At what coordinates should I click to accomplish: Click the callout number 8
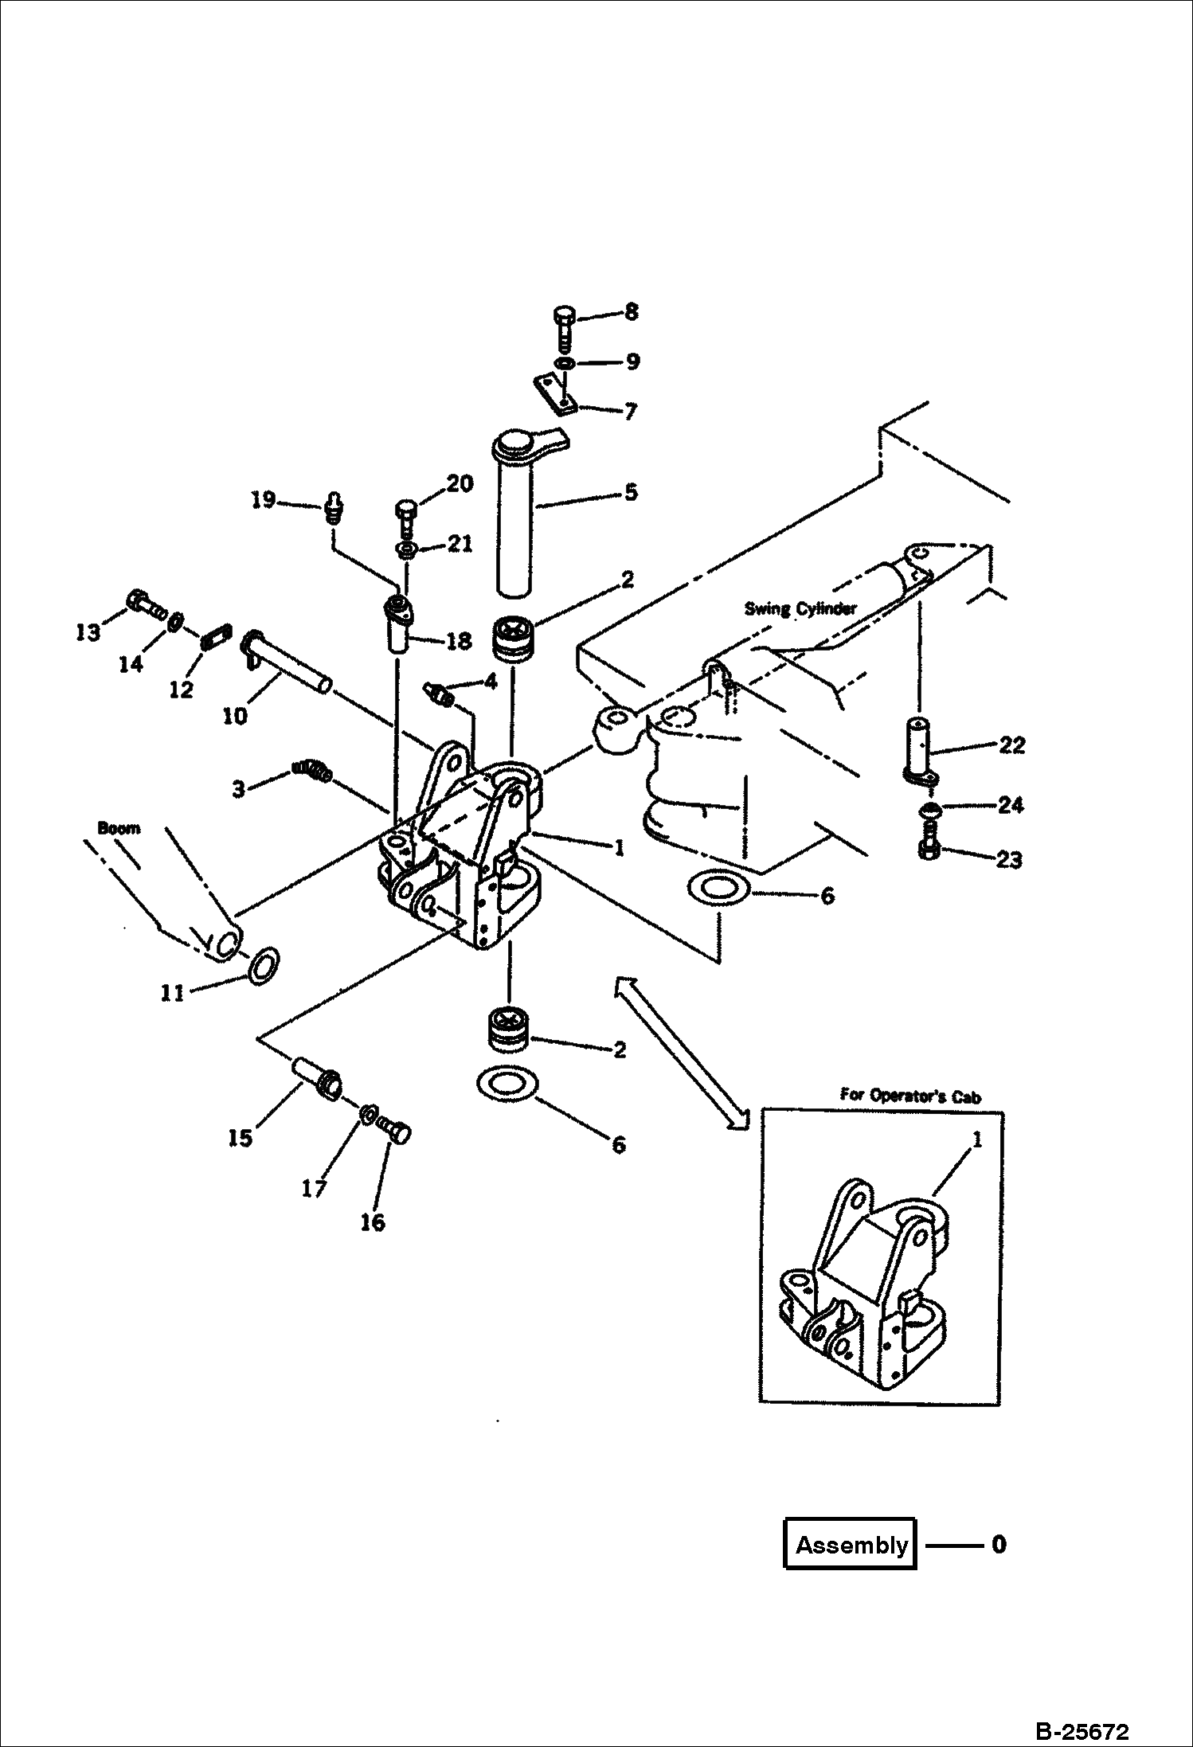point(631,311)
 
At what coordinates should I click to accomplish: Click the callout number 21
point(460,543)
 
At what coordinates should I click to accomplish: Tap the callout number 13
point(88,632)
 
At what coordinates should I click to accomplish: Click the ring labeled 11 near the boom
point(264,966)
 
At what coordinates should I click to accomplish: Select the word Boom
point(119,828)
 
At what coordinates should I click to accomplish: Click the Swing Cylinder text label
point(800,609)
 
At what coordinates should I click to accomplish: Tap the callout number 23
point(1010,860)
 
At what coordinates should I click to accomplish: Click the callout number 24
point(1010,805)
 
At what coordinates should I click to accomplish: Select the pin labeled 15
point(316,1077)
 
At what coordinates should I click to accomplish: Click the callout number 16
point(373,1222)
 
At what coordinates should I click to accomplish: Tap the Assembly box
point(851,1545)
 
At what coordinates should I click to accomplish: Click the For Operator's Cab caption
point(910,1096)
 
